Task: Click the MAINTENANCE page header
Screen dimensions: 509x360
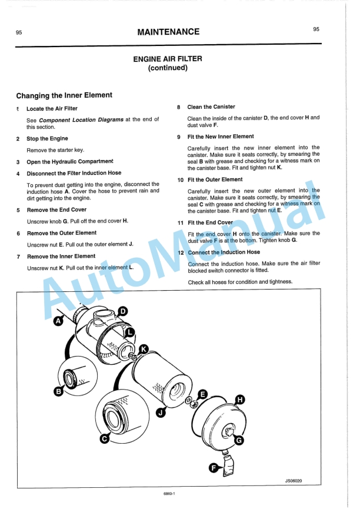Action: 168,32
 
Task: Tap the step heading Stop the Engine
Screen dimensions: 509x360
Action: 47,139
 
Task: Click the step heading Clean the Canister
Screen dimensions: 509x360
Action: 211,107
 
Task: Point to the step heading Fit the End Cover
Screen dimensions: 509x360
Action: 210,223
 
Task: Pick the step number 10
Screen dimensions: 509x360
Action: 181,179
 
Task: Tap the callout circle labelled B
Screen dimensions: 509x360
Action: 59,391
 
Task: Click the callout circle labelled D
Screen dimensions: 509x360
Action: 123,311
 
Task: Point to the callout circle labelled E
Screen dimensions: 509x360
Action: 203,393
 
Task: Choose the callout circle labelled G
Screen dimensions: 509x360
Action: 239,440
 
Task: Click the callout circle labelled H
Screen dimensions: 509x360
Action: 239,400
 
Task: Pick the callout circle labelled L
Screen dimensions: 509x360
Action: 131,332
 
